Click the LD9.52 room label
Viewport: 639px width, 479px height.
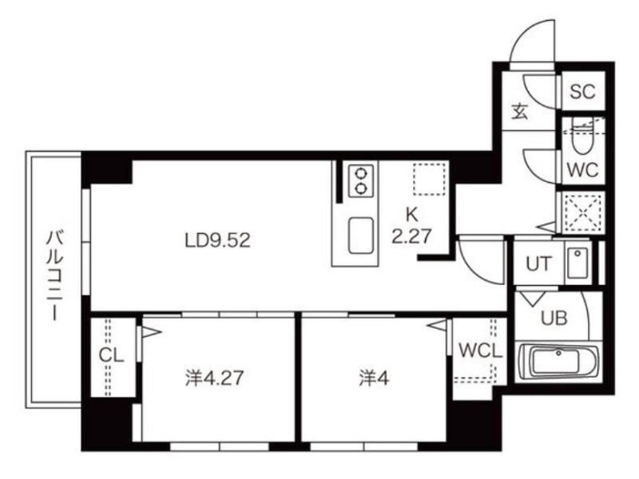(x=217, y=240)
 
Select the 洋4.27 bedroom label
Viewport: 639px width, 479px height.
(x=214, y=378)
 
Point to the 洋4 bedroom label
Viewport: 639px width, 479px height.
(x=374, y=378)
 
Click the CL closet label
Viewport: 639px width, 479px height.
(x=111, y=355)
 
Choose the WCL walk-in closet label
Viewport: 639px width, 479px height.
(x=481, y=350)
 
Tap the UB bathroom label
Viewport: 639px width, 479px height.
(x=554, y=318)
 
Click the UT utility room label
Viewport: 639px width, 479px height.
(x=538, y=264)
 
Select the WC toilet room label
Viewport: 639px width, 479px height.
(x=583, y=170)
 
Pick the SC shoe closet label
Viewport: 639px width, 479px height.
(x=582, y=92)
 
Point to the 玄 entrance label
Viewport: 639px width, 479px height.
(x=520, y=111)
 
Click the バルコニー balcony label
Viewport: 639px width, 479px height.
(x=54, y=275)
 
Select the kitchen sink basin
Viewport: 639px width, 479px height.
(x=361, y=235)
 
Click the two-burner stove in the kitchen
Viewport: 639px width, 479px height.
(x=361, y=180)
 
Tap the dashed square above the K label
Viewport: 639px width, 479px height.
(x=429, y=179)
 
